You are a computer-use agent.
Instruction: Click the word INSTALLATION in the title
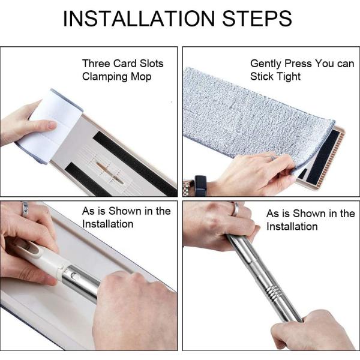(139, 19)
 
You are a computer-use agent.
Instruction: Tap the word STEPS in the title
(257, 19)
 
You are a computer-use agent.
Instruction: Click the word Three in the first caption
(96, 64)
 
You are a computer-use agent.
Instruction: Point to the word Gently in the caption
(266, 64)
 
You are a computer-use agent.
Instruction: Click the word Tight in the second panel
(289, 77)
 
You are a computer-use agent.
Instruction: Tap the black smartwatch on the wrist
(200, 185)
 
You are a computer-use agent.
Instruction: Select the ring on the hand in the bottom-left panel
(25, 209)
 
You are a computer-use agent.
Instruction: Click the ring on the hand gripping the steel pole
(235, 209)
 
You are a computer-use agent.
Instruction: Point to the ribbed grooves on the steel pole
(271, 293)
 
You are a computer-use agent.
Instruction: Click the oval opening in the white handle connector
(32, 248)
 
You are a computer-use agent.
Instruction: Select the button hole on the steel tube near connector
(74, 275)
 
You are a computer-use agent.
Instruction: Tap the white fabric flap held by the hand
(53, 127)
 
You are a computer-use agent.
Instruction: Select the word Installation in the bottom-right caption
(292, 227)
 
